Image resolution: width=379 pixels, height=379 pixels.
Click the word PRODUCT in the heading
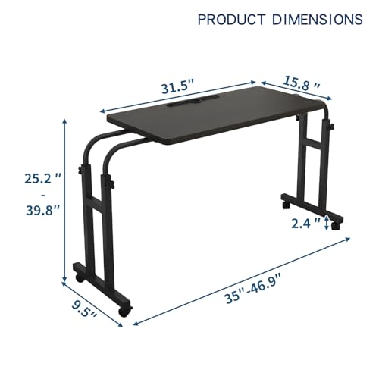point(231,20)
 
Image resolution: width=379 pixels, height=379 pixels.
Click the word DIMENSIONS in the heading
point(318,20)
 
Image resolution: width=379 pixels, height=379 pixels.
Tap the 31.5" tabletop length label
point(177,87)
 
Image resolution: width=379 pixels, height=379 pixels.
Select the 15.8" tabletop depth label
point(302,83)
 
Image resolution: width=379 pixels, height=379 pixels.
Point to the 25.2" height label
point(42,179)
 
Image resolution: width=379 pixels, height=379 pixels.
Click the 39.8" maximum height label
point(42,210)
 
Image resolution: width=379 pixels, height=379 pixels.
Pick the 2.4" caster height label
point(305,224)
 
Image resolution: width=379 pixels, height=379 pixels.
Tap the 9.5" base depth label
point(84,310)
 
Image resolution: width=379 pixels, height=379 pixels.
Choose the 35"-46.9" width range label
point(253,290)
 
